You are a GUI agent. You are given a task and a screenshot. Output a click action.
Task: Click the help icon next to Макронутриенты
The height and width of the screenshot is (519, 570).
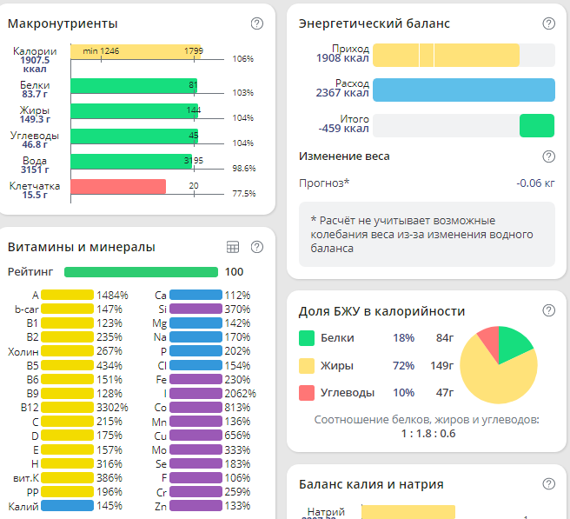coord(256,23)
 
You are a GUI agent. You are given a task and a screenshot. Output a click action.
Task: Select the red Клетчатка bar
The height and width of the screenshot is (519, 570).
coord(118,186)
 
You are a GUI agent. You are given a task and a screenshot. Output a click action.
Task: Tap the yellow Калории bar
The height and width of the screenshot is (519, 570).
coord(136,51)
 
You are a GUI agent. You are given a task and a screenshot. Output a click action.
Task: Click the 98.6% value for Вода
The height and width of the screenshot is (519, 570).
coord(243,168)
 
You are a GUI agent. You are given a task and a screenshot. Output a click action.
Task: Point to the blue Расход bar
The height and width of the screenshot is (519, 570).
coord(463,90)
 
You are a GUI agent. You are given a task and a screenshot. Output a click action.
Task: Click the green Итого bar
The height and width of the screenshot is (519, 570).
coord(536,125)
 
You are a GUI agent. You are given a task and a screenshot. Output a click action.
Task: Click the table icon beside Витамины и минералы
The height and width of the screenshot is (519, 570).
coord(233,247)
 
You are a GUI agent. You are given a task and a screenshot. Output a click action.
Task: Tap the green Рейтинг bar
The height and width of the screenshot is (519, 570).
coord(141,272)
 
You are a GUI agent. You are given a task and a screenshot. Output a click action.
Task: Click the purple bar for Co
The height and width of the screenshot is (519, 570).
coord(196,407)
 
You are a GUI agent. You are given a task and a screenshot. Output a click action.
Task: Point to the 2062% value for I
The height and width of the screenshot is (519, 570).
coord(238,393)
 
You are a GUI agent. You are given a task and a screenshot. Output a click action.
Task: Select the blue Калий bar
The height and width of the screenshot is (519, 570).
coord(68,505)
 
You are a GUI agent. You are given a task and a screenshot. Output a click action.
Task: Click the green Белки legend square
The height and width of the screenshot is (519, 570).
coord(306,338)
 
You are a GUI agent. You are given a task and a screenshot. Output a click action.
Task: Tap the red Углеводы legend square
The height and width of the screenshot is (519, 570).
coord(306,392)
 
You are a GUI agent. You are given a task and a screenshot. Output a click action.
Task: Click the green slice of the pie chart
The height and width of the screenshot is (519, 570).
coord(514,343)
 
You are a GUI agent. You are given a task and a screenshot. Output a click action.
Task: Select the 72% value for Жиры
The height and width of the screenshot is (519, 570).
coord(403,366)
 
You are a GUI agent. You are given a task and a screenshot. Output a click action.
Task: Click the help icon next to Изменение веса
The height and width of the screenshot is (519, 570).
coord(548,156)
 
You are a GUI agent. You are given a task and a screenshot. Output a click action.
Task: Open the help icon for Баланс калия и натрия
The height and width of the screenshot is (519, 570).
coord(548,484)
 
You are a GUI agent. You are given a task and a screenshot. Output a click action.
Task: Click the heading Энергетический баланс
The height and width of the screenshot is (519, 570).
coord(374,23)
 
